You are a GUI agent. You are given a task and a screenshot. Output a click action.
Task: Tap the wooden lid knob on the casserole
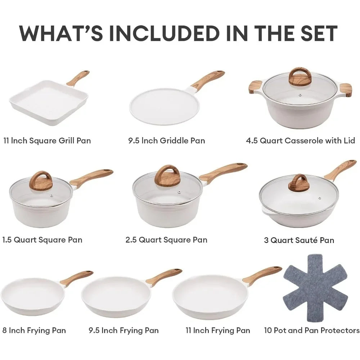300,77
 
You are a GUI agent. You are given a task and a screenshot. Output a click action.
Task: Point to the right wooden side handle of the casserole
345,90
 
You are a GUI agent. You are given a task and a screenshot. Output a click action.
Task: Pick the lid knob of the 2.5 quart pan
167,176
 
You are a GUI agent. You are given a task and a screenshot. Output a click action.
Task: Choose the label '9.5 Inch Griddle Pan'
166,140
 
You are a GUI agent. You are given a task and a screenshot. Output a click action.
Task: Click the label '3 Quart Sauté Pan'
299,240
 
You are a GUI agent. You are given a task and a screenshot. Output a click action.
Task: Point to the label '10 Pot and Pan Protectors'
311,330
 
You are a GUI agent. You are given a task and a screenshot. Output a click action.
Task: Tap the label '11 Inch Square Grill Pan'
47,140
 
